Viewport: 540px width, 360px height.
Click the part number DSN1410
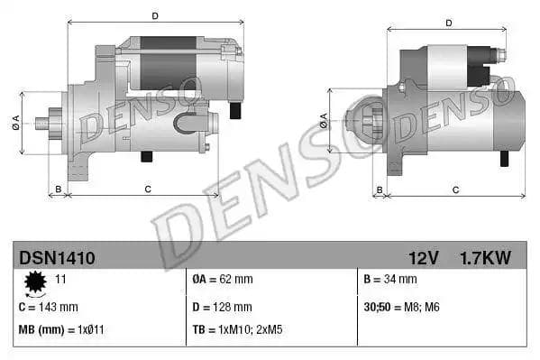pyautogui.click(x=57, y=258)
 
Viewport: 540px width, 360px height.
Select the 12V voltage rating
pyautogui.click(x=422, y=258)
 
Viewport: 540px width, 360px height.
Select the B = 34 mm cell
pyautogui.click(x=391, y=281)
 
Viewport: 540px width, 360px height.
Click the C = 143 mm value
pyautogui.click(x=49, y=307)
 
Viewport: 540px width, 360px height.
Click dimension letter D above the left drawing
pyautogui.click(x=155, y=15)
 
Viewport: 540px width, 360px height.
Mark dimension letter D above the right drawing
pyautogui.click(x=450, y=23)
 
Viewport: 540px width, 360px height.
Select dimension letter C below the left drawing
pyautogui.click(x=146, y=189)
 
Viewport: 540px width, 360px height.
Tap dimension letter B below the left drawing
pyautogui.click(x=59, y=189)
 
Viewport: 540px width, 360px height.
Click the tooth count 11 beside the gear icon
pyautogui.click(x=61, y=281)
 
